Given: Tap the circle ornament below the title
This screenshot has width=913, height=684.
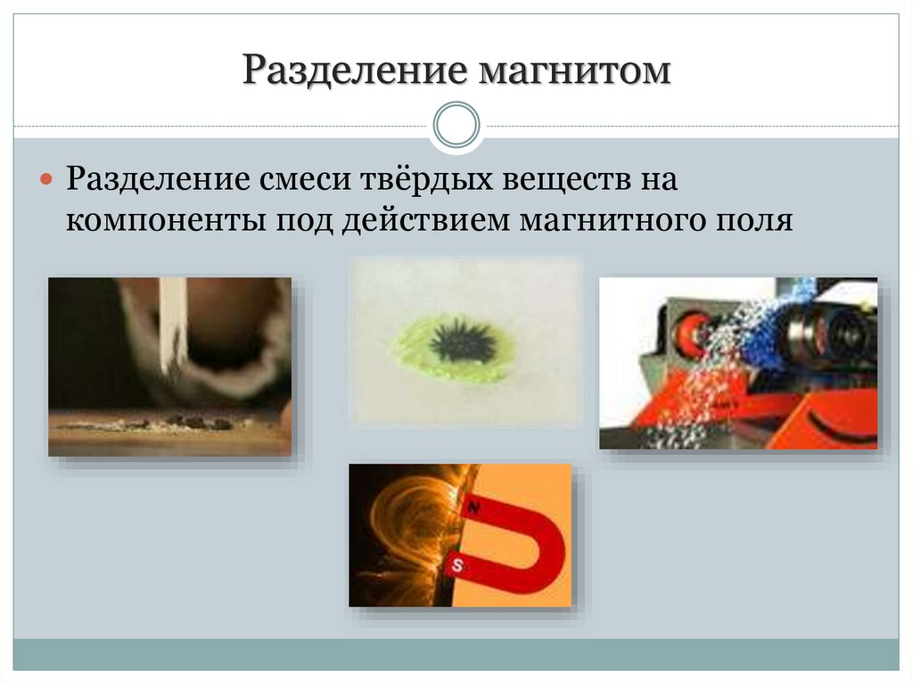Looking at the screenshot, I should pos(456,125).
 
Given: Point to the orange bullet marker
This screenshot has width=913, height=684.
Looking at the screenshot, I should pos(48,179).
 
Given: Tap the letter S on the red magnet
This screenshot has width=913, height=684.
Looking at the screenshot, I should pos(457,564).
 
